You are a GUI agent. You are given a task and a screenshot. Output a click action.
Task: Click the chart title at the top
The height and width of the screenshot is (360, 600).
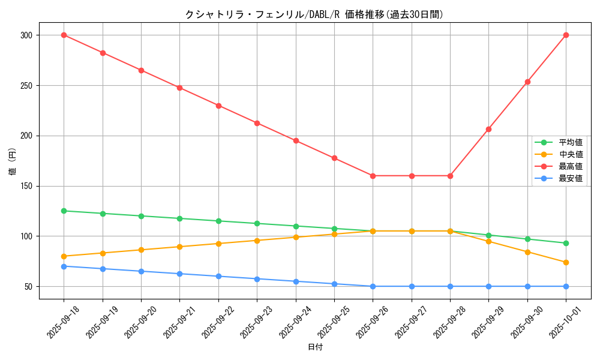(x=314, y=14)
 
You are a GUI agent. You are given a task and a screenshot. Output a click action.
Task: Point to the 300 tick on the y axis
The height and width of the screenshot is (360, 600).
(x=26, y=35)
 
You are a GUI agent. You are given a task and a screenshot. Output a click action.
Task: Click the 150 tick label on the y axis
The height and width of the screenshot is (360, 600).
(x=26, y=186)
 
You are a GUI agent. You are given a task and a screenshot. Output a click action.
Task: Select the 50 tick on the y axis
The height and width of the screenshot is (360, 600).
(x=29, y=287)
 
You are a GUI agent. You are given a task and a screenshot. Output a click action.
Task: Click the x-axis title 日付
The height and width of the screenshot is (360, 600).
(x=314, y=347)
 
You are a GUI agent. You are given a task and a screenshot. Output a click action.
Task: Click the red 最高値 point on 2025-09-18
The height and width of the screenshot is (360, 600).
(x=64, y=35)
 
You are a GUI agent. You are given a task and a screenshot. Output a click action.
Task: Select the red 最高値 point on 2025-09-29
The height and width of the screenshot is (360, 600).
(x=488, y=129)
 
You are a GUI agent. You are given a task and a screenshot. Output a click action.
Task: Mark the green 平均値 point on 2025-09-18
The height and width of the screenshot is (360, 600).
(x=64, y=211)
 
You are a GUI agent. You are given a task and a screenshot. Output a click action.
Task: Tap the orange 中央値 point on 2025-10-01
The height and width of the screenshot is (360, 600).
(x=566, y=262)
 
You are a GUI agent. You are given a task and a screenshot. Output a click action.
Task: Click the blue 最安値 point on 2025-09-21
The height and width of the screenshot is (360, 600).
(x=179, y=274)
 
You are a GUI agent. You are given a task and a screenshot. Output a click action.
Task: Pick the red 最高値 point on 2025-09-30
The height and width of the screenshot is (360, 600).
(x=527, y=82)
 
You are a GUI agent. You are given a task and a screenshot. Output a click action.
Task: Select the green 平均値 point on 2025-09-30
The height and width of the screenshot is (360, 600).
(x=527, y=239)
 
